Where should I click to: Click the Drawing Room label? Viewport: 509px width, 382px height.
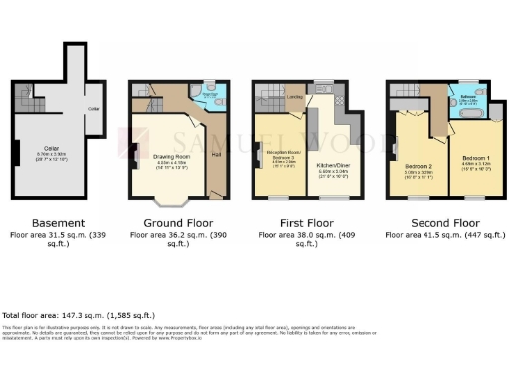pyautogui.click(x=170, y=156)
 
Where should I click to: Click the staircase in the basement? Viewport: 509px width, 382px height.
pyautogui.click(x=31, y=98)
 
